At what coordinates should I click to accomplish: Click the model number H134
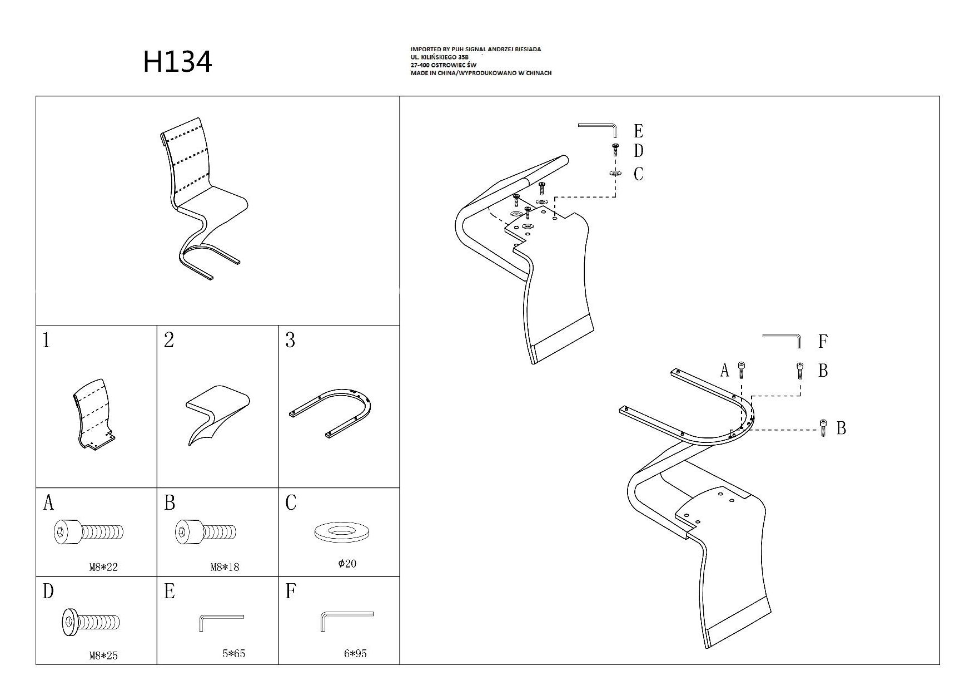point(178,62)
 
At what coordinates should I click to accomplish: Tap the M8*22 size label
point(103,568)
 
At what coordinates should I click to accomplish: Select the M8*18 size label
point(225,568)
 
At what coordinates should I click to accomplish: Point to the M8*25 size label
point(103,655)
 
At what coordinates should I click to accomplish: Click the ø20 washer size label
point(347,564)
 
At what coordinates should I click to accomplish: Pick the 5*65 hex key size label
point(234,653)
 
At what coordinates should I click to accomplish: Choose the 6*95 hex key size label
point(355,653)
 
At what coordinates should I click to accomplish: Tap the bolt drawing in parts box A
point(88,532)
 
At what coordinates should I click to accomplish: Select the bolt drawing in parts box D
point(90,622)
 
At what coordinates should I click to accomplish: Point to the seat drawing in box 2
point(217,414)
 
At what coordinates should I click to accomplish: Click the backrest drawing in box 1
point(93,414)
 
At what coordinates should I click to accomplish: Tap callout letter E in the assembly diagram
point(639,131)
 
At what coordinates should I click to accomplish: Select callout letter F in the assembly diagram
point(823,341)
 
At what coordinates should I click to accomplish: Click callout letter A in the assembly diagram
point(724,371)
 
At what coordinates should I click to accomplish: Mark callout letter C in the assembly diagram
point(639,174)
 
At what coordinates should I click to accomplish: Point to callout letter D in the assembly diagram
point(639,151)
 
